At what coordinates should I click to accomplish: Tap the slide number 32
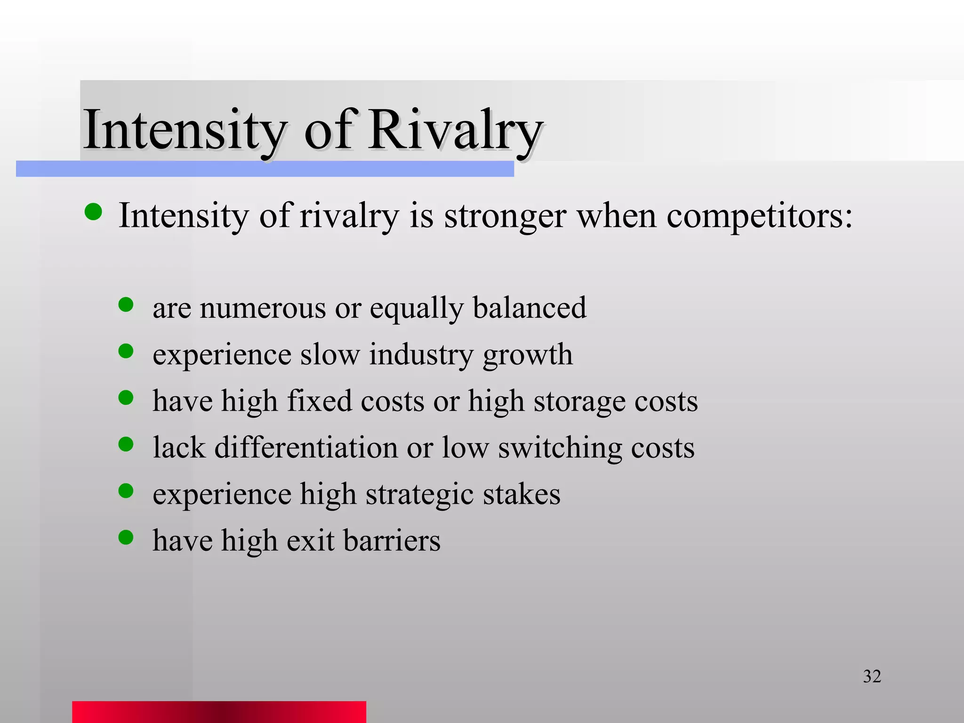click(872, 676)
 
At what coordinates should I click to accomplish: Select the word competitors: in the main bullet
click(759, 216)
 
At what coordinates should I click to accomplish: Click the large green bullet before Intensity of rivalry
click(93, 212)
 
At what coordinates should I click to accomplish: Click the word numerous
click(263, 308)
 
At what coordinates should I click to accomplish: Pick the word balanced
click(530, 308)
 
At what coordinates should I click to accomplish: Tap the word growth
click(528, 355)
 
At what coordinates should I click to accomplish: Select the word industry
click(421, 355)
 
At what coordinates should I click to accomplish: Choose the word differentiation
click(306, 447)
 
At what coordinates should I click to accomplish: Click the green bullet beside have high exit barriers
click(126, 537)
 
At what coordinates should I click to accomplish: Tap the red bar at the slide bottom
click(219, 712)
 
